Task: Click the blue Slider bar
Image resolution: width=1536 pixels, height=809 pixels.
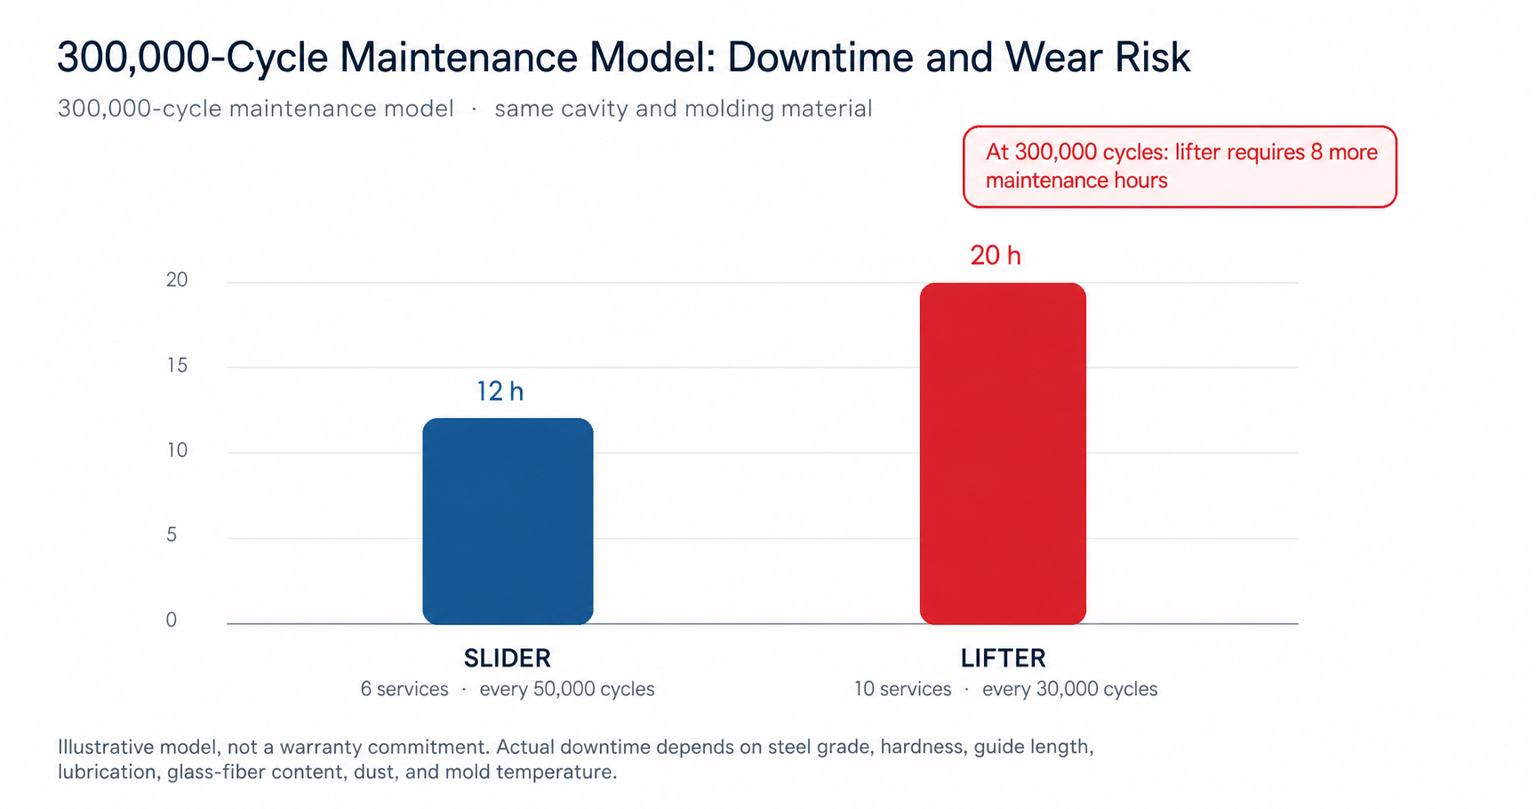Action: [508, 521]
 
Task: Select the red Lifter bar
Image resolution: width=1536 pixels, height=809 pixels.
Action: [1003, 453]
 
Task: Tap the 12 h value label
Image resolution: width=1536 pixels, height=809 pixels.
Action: [500, 391]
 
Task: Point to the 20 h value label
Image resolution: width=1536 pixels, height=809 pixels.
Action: [996, 256]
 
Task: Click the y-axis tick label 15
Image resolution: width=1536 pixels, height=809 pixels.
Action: [177, 365]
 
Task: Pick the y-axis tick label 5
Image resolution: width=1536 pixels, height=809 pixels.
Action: [172, 534]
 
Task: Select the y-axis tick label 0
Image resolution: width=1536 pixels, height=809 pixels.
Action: [172, 620]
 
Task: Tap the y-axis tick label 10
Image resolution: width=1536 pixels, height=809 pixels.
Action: [177, 450]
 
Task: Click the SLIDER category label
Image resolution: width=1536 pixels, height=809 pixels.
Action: [508, 658]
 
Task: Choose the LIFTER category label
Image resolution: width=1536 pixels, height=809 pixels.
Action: [1004, 658]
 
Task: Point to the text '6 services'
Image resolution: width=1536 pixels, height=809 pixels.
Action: [404, 689]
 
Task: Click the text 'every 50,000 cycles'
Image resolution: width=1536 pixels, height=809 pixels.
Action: [567, 689]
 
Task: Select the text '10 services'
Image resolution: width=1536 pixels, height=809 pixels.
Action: [902, 689]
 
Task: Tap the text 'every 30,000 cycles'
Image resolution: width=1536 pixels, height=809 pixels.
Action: [1070, 689]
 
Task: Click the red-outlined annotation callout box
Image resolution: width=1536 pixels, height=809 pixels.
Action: [1180, 167]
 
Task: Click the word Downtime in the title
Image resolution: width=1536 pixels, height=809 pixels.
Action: [821, 57]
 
